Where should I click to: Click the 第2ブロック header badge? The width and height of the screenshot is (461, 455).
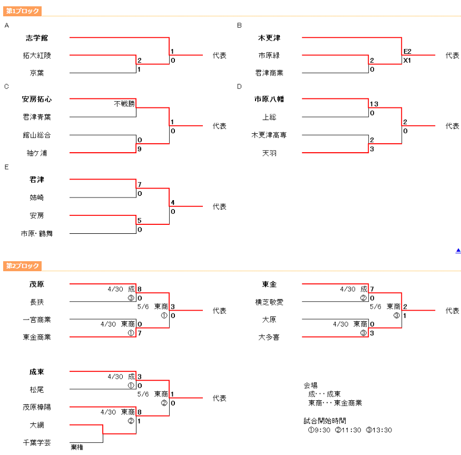click(x=22, y=266)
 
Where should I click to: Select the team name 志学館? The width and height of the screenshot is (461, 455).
click(x=37, y=38)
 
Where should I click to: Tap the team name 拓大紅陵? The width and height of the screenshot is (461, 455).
click(x=37, y=55)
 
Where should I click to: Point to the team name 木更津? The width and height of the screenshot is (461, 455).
click(x=269, y=38)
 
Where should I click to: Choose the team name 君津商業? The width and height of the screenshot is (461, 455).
click(x=269, y=73)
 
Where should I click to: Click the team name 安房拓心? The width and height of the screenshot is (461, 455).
click(x=37, y=99)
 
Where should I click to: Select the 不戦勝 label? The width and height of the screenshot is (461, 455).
click(x=124, y=104)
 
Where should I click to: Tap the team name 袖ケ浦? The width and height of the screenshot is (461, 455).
click(x=37, y=153)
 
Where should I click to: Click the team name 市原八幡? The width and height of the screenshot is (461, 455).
click(x=269, y=99)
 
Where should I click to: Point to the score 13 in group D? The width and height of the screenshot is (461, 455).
click(x=374, y=104)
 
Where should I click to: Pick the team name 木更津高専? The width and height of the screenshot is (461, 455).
click(x=269, y=135)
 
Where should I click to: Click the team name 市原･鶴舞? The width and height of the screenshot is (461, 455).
click(x=37, y=233)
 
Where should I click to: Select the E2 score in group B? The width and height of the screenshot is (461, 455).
click(x=407, y=51)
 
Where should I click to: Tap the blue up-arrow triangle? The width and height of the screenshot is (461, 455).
click(x=458, y=251)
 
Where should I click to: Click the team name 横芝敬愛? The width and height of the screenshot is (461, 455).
click(x=269, y=302)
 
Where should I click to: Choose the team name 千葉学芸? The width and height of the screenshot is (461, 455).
click(x=37, y=443)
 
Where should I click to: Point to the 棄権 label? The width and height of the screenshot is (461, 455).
click(x=77, y=448)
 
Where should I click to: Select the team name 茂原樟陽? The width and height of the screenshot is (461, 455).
click(x=37, y=407)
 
